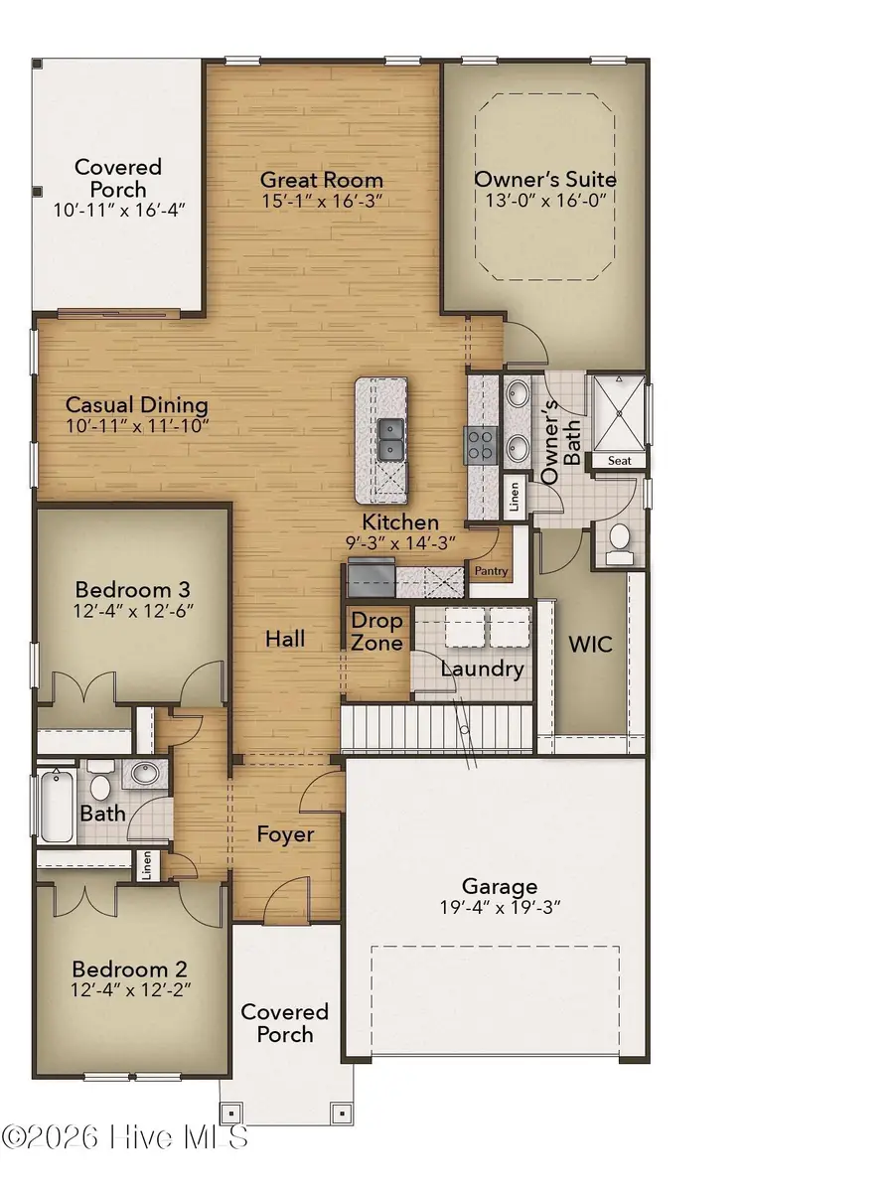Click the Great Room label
point(321,180)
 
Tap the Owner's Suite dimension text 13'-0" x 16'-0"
point(543,200)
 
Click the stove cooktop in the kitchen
point(480,444)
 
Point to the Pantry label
point(491,571)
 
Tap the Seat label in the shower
point(619,460)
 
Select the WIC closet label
point(590,644)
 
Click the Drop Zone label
point(376,632)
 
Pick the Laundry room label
point(482,669)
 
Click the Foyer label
point(286,834)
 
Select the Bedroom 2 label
point(131,968)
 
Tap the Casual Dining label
point(136,405)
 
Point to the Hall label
point(285,639)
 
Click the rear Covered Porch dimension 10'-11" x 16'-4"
point(118,210)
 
